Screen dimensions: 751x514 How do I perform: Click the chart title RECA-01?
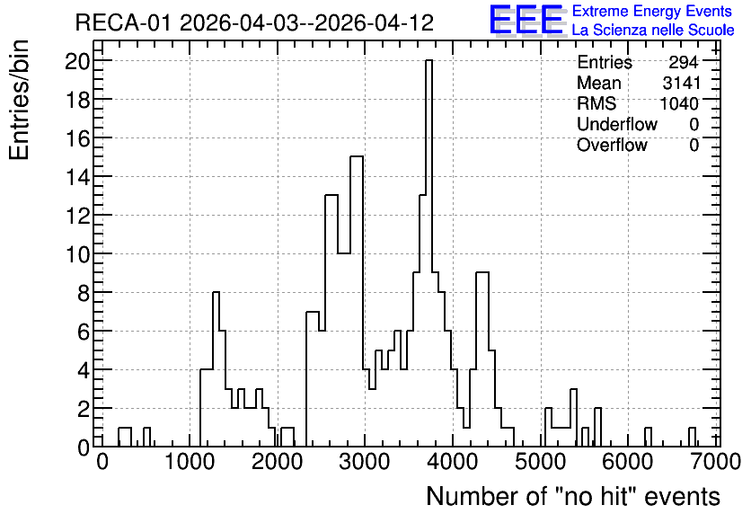(122, 22)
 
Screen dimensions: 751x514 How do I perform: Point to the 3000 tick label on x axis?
(364, 462)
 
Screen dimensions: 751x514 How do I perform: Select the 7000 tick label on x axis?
(715, 462)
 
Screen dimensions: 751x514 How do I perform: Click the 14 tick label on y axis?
(77, 177)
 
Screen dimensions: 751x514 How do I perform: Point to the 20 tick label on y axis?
(77, 61)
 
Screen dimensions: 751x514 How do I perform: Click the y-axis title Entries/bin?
(19, 100)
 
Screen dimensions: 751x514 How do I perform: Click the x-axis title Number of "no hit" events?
(573, 496)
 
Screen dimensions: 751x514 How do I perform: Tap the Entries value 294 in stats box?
(684, 62)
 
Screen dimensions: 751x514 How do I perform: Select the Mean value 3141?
(681, 83)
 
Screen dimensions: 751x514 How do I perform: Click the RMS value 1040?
(679, 103)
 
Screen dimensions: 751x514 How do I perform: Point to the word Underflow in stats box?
(617, 124)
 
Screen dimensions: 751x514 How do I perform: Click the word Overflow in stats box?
(612, 145)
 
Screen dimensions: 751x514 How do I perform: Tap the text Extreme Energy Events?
(652, 11)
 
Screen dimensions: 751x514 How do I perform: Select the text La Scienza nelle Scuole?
(653, 30)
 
